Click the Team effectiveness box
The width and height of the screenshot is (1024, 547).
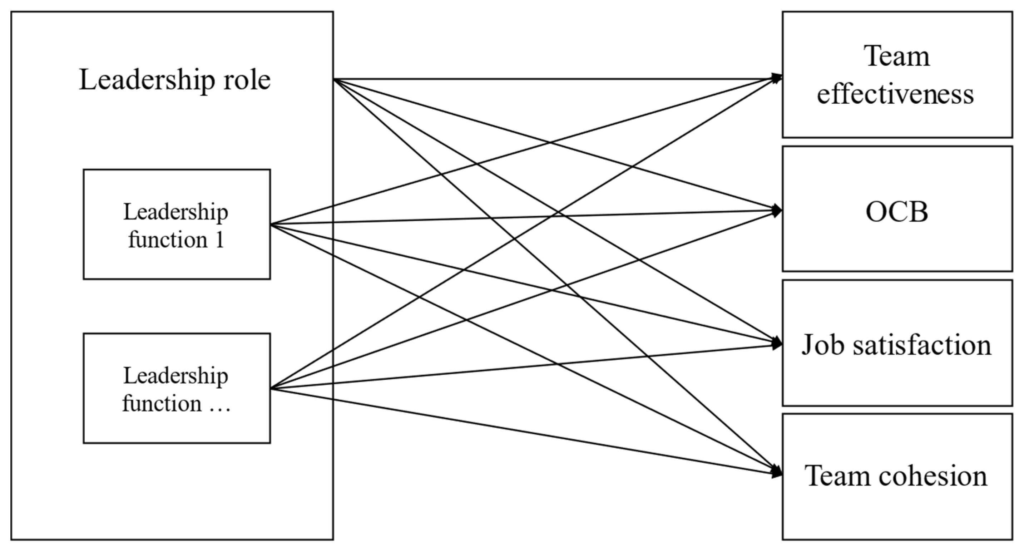896,75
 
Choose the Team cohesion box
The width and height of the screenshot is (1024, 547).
896,476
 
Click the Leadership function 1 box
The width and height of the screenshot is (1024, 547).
177,224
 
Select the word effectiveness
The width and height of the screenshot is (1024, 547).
895,95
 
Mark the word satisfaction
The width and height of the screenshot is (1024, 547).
922,345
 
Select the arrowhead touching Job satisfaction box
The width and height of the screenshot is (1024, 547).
776,344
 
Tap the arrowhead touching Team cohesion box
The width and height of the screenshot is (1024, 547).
776,473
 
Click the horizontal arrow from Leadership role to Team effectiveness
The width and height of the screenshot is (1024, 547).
556,79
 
